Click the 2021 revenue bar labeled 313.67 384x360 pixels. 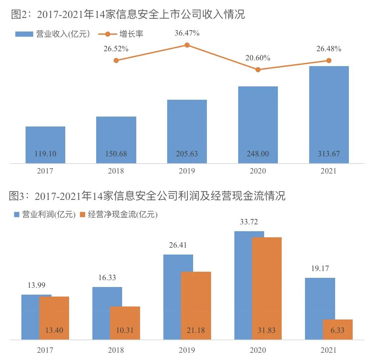tap(329, 115)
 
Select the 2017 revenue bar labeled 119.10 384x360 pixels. tap(45, 145)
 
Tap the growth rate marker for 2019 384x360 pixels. tap(187, 45)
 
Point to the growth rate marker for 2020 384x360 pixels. tap(258, 70)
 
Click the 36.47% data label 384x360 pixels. tap(187, 33)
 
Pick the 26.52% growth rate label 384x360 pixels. tap(116, 49)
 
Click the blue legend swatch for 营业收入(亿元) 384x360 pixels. tap(24, 34)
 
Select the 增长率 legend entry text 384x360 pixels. tap(131, 34)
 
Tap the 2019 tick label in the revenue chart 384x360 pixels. tap(187, 171)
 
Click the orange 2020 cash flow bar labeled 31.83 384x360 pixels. tap(267, 289)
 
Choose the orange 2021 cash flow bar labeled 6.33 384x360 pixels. tap(338, 329)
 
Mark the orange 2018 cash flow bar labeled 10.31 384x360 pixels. tap(125, 323)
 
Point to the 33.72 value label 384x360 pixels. tap(249, 222)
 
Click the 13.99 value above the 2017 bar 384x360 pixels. tap(36, 285)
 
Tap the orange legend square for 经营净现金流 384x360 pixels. tap(82, 214)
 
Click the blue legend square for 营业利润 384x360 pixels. tap(17, 214)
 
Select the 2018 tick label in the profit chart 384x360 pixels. tap(116, 350)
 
